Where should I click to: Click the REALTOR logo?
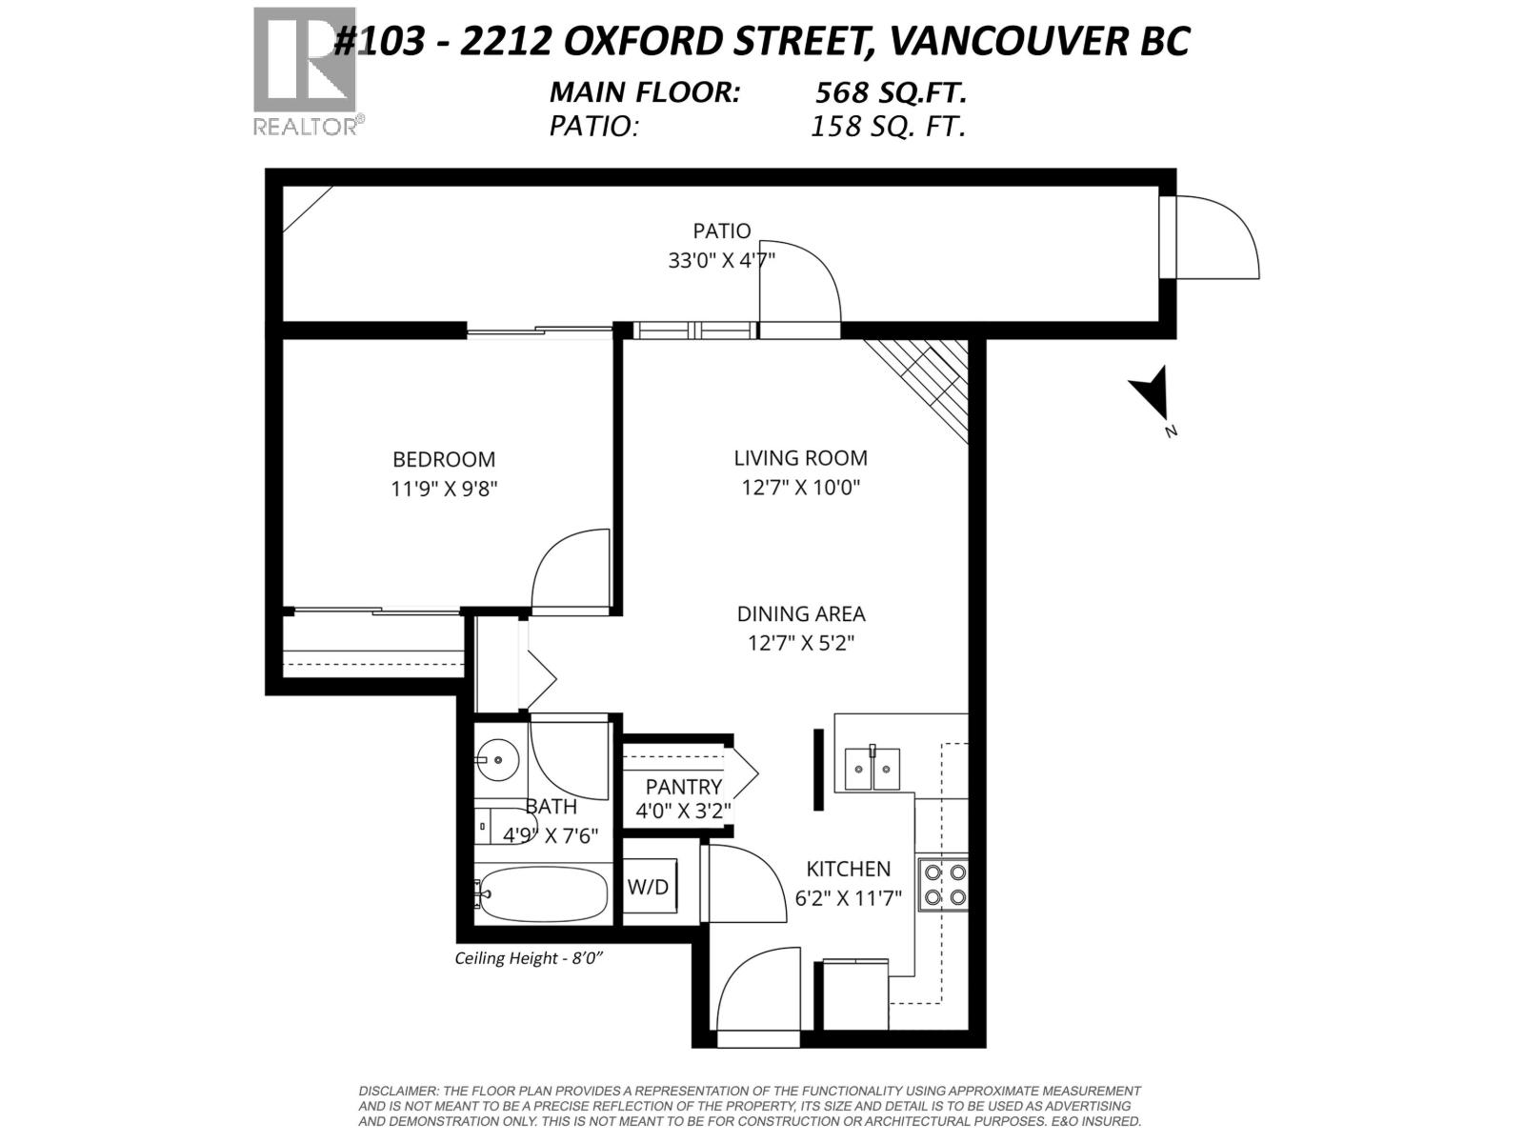(305, 71)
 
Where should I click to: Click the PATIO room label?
(721, 231)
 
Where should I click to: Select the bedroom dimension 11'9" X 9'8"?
(444, 489)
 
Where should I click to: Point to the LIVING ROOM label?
(800, 458)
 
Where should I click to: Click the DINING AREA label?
(800, 614)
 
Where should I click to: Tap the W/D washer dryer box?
(649, 887)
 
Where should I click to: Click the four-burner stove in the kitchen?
(943, 885)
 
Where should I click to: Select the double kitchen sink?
(872, 769)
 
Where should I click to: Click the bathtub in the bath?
(543, 894)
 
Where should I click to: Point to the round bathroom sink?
(496, 760)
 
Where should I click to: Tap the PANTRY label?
(683, 787)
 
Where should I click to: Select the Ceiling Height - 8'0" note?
(529, 958)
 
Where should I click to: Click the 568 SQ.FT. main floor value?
(891, 92)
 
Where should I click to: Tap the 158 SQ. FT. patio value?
(888, 127)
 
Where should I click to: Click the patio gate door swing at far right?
(1214, 238)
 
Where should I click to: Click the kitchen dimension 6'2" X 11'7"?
(848, 898)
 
